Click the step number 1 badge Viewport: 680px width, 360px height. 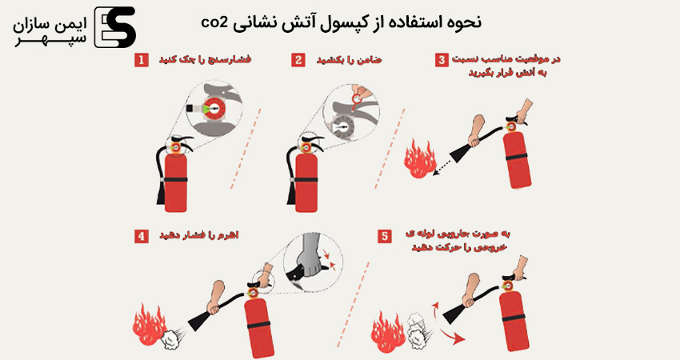click(142, 60)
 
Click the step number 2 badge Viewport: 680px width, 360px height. click(298, 60)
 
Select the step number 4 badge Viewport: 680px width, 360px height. click(142, 236)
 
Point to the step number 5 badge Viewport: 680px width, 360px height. click(385, 236)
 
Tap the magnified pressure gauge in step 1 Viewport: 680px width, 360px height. click(210, 107)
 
